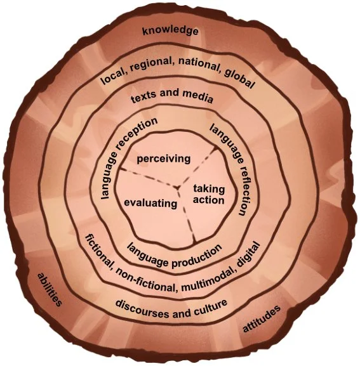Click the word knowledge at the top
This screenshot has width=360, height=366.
[x=170, y=31]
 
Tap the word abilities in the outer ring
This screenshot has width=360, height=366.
[x=50, y=289]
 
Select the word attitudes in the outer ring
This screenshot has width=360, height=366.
[x=262, y=318]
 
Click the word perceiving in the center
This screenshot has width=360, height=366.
[x=164, y=159]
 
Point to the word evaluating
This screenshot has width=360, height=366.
[x=150, y=203]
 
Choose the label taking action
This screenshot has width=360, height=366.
[x=209, y=194]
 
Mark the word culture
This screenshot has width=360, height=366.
[x=211, y=306]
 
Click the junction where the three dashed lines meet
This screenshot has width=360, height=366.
[x=178, y=187]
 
